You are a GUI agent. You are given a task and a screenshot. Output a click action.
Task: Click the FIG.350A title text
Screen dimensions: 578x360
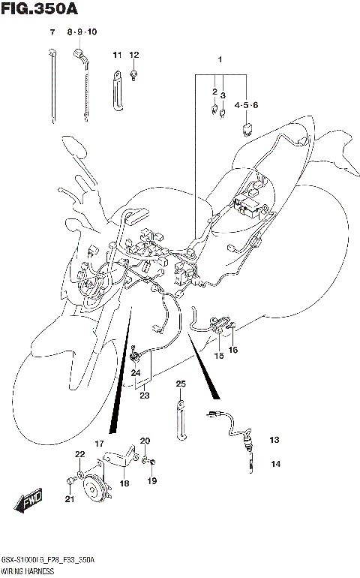click(39, 8)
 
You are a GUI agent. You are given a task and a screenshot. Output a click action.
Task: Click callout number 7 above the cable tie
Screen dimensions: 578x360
click(52, 32)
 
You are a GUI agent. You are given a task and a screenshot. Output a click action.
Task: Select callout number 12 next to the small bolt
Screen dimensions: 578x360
click(134, 55)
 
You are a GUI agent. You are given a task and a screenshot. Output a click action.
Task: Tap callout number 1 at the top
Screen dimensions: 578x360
click(220, 59)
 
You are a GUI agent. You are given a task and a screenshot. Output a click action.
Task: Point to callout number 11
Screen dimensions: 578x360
click(117, 55)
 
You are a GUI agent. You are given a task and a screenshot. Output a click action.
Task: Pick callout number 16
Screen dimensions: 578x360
click(233, 350)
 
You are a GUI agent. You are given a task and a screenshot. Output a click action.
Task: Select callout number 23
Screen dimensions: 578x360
click(143, 396)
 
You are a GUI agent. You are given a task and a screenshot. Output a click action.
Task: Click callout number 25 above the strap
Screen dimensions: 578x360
click(180, 384)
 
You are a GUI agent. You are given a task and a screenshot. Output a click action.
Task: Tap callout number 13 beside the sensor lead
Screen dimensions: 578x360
click(274, 440)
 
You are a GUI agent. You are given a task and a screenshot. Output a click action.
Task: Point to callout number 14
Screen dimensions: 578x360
click(275, 464)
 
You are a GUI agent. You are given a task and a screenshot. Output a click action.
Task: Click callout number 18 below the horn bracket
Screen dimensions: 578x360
click(124, 483)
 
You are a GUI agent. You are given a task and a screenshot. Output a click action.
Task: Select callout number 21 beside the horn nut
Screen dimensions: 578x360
click(70, 500)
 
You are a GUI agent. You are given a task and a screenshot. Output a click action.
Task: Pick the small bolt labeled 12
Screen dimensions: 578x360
click(133, 74)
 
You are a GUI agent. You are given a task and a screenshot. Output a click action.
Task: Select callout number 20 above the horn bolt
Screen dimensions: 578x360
click(145, 441)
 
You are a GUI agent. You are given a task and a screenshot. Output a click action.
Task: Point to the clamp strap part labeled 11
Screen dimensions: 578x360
click(118, 90)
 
